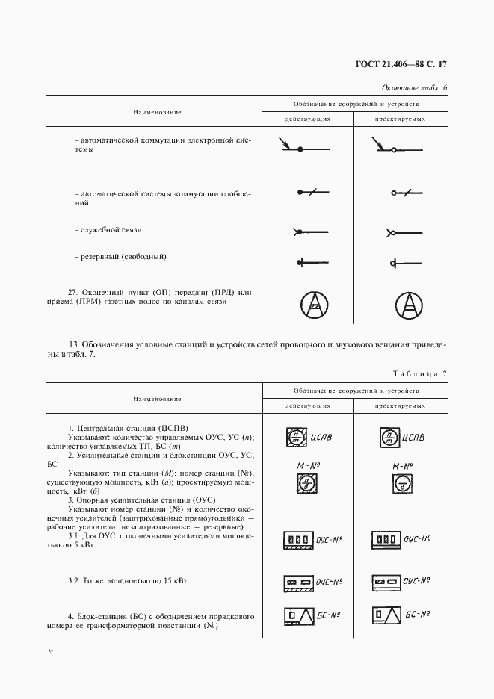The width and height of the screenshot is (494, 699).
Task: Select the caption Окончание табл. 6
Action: tap(413, 88)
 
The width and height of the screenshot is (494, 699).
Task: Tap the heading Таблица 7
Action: tap(417, 373)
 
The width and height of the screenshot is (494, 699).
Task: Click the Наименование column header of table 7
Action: tap(157, 400)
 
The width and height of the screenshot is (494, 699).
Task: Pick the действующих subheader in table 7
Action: tap(307, 406)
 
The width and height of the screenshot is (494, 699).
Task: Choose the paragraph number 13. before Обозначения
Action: tap(73, 345)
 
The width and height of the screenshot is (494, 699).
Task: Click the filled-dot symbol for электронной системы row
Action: tap(300, 150)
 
